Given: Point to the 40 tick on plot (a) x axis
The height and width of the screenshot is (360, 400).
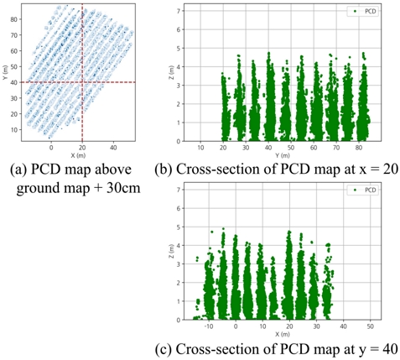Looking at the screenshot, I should (113, 147).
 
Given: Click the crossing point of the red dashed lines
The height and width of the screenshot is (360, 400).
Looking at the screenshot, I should (82, 82).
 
